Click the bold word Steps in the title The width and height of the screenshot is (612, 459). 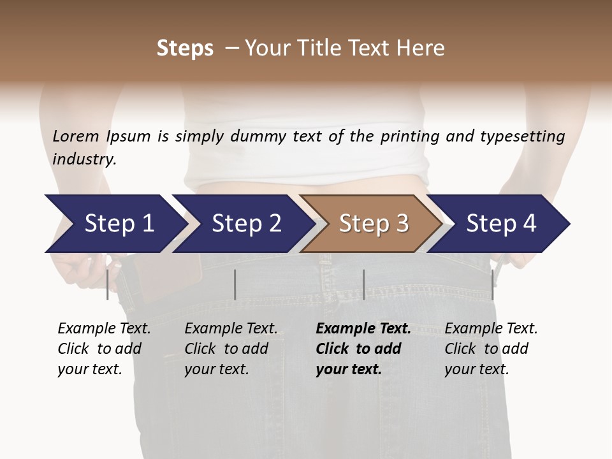(185, 48)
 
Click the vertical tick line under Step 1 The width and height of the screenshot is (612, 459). (107, 284)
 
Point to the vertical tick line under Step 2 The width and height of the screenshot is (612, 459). (235, 284)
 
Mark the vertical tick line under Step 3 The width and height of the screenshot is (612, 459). (363, 284)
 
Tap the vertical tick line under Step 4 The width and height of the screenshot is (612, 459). (492, 284)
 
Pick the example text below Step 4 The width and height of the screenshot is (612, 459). (491, 349)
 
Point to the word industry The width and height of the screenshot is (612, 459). (84, 159)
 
